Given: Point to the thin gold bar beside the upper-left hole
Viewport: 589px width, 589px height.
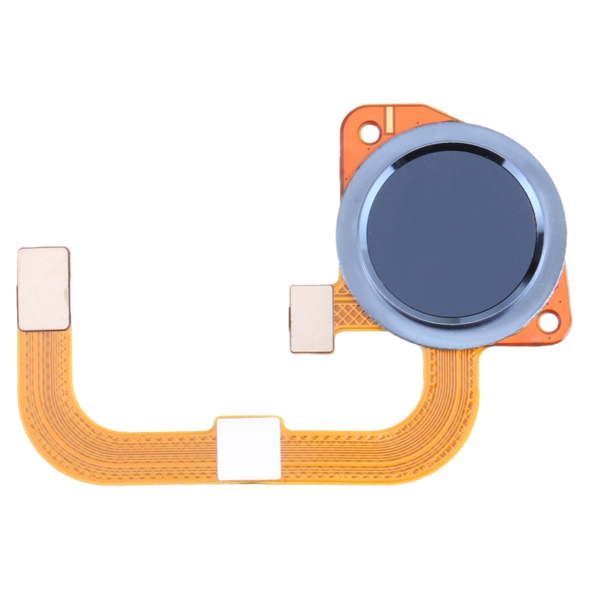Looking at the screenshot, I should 388,120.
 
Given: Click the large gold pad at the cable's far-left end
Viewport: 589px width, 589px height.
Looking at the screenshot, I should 43,287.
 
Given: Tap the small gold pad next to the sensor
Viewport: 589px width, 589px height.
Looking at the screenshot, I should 312,318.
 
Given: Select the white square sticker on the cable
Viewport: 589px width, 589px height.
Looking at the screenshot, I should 248,448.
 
